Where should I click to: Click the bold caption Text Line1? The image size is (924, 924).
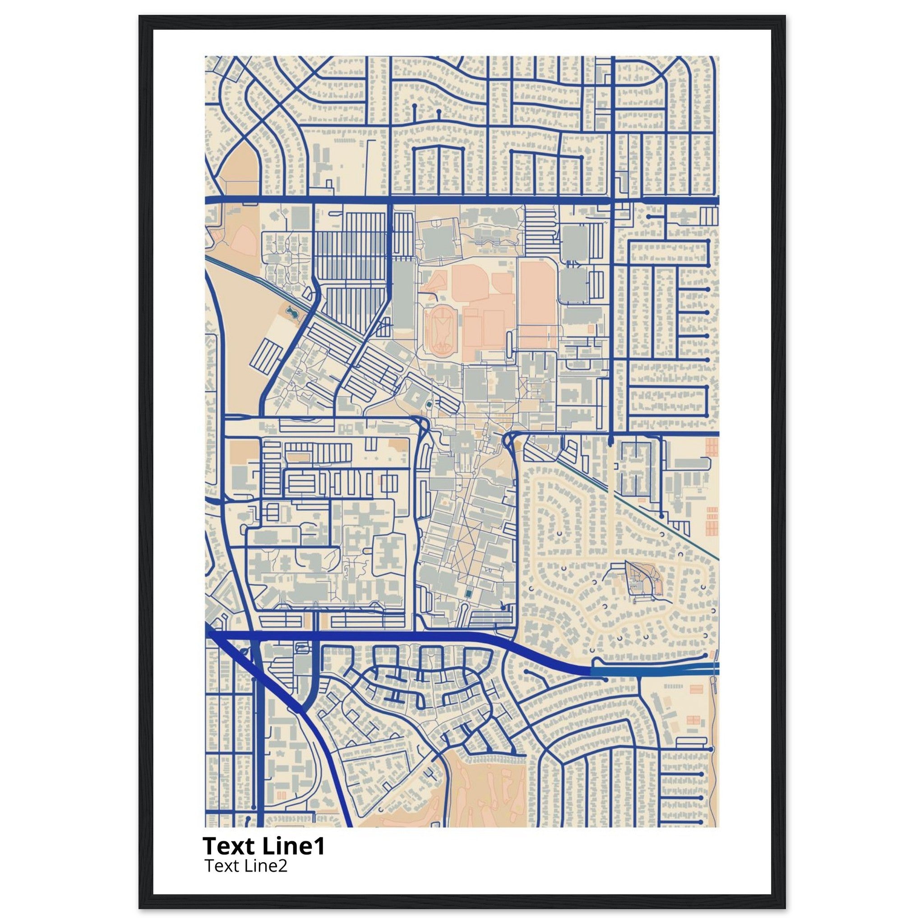click(263, 845)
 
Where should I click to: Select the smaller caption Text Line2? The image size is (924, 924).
click(246, 866)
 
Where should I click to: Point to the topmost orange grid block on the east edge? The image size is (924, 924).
click(711, 447)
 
